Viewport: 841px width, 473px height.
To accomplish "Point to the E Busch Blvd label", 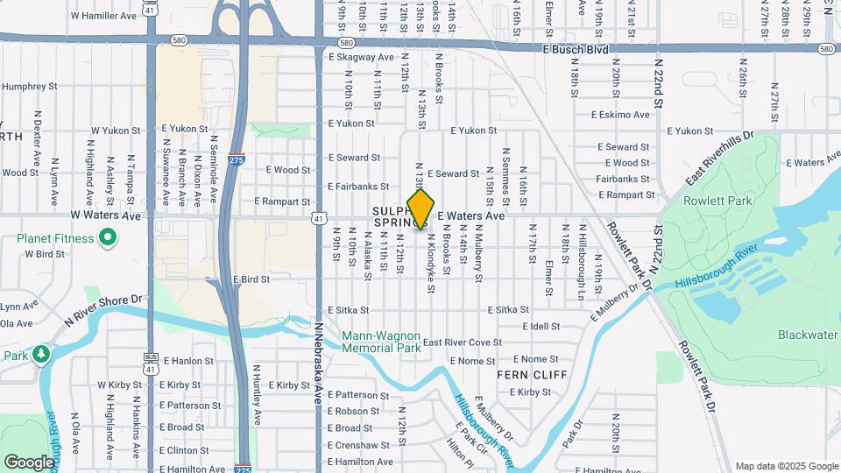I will point(575,50).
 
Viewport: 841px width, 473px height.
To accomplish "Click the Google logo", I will point(29,462).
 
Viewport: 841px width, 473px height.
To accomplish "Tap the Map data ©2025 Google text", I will point(787,466).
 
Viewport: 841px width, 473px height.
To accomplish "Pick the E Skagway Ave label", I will point(361,57).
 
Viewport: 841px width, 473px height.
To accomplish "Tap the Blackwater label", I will point(807,335).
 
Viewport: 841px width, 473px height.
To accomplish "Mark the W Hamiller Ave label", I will point(103,16).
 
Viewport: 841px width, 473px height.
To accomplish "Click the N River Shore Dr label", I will point(102,311).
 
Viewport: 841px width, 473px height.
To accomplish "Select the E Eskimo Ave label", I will point(620,114).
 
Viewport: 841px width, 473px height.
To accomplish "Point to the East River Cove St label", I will point(462,342).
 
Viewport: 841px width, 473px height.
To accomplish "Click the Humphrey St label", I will point(28,87).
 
